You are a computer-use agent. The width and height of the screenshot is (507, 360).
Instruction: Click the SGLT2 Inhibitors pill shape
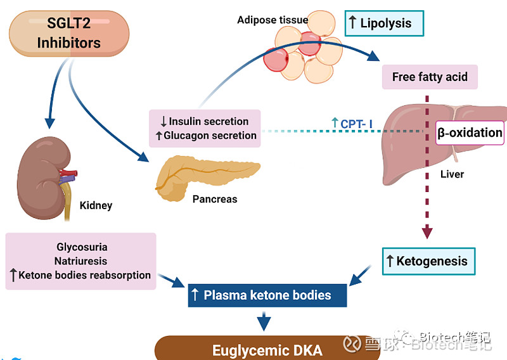tap(68, 34)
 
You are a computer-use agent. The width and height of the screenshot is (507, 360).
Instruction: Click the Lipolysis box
tap(385, 24)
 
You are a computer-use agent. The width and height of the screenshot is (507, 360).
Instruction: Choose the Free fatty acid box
tap(430, 77)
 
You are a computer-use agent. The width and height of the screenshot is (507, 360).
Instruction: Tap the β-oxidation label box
tap(470, 133)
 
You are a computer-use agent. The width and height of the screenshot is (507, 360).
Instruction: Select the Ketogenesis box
tap(428, 260)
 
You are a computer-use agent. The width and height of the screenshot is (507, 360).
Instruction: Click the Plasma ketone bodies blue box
tap(267, 295)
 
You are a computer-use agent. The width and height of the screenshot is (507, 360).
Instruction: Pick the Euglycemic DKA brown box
tap(267, 350)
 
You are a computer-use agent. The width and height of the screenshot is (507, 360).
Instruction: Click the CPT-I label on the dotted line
tap(352, 123)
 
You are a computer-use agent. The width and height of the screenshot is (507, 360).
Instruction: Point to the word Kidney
tap(96, 205)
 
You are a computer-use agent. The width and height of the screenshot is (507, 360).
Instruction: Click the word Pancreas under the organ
tap(215, 199)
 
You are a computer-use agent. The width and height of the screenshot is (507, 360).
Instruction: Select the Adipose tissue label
tap(273, 20)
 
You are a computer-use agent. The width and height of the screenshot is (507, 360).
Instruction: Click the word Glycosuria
tap(82, 247)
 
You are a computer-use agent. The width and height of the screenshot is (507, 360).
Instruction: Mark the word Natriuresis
tap(81, 261)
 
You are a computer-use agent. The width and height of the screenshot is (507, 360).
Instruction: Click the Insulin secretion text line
tap(203, 121)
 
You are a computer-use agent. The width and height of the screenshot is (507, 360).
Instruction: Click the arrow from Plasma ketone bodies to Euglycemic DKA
tap(264, 321)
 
